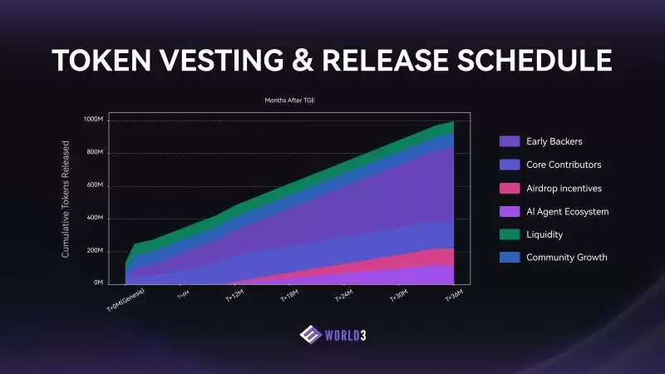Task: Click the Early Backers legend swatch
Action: click(x=510, y=141)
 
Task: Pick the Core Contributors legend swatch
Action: click(x=510, y=165)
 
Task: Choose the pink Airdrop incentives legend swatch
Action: click(x=510, y=188)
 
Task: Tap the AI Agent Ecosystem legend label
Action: click(x=567, y=211)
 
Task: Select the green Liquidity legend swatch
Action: click(x=510, y=234)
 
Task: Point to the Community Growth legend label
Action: click(x=566, y=258)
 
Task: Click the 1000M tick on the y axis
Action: click(x=94, y=121)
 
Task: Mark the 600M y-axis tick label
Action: click(x=95, y=185)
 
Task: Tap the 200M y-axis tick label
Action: click(x=95, y=251)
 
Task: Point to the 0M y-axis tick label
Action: click(x=97, y=283)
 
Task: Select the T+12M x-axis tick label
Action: click(x=234, y=296)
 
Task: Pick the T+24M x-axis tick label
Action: click(x=344, y=296)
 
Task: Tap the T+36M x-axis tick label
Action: click(x=454, y=296)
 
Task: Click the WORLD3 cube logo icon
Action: click(x=309, y=334)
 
